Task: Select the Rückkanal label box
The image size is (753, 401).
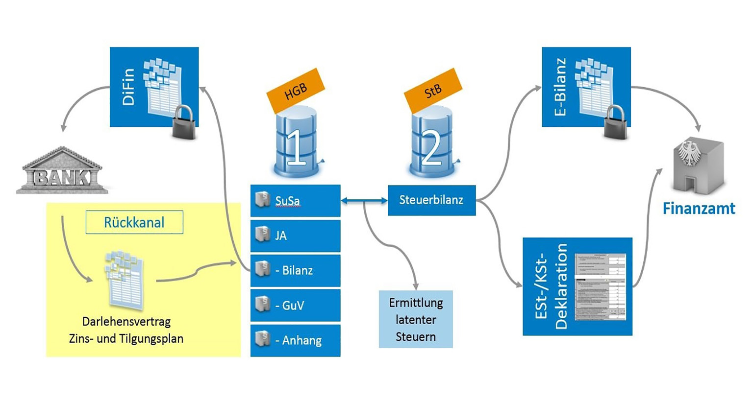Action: (134, 222)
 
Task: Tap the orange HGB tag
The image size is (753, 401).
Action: (296, 91)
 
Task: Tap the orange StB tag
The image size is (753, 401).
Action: (433, 91)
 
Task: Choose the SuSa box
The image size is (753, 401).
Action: (295, 200)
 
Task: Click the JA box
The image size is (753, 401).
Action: (295, 236)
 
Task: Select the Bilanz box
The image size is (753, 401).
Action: (295, 270)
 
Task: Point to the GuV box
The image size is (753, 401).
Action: (295, 305)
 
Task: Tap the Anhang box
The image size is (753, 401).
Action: (295, 340)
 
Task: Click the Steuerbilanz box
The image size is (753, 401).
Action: (431, 200)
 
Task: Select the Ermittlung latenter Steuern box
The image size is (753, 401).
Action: (416, 319)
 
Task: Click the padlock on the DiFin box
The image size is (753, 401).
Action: (184, 122)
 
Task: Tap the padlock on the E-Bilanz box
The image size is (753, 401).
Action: (615, 122)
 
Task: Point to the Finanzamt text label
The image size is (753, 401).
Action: (699, 209)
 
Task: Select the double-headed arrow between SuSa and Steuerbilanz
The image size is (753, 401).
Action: (364, 200)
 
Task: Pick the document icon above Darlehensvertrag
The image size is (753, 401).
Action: (125, 280)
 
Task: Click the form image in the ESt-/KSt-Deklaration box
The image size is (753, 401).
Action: (601, 287)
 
